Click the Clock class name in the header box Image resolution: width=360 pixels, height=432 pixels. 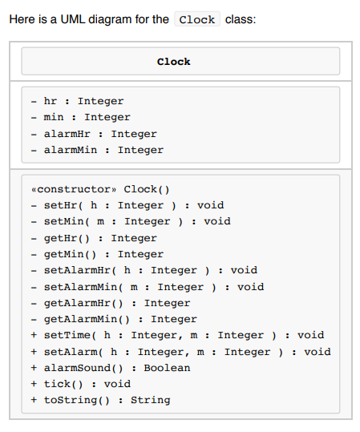click(173, 62)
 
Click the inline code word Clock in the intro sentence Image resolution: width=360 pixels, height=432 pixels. click(196, 19)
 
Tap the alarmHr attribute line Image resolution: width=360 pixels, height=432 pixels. click(94, 134)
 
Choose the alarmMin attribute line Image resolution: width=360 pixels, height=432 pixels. click(97, 150)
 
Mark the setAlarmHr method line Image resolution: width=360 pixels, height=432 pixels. click(144, 270)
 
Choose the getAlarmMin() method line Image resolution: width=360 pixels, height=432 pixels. click(113, 319)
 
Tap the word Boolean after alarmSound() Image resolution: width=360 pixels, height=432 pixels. click(167, 368)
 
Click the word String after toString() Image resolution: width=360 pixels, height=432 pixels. click(150, 400)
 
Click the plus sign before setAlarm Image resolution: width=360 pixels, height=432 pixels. click(34, 352)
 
